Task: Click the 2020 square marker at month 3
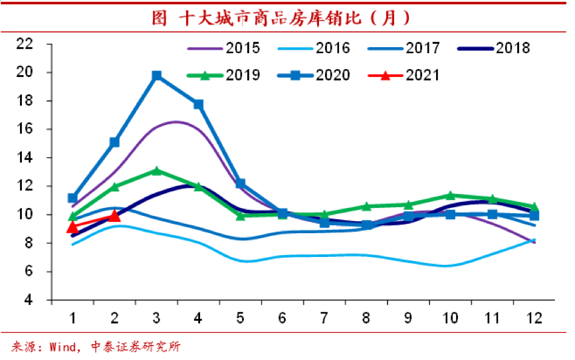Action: [x=156, y=76]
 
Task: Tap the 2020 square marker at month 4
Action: [x=198, y=104]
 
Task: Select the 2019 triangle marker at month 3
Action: [x=156, y=171]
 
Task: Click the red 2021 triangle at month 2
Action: [x=114, y=215]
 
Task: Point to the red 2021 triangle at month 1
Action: [x=72, y=227]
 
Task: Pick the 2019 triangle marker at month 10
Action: [x=450, y=195]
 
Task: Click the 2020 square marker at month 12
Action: [x=534, y=215]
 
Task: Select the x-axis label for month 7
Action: [x=324, y=318]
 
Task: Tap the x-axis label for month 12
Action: [x=534, y=318]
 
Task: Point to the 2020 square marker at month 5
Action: [x=240, y=183]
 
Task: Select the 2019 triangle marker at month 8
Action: [x=366, y=207]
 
